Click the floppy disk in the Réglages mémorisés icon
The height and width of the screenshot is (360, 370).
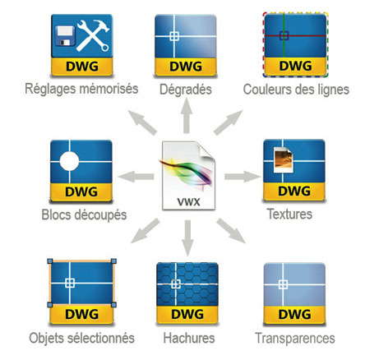pyautogui.click(x=65, y=36)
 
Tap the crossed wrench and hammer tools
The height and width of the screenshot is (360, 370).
pyautogui.click(x=93, y=35)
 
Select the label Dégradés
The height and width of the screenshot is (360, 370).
pyautogui.click(x=186, y=90)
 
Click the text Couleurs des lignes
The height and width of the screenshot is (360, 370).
pyautogui.click(x=296, y=90)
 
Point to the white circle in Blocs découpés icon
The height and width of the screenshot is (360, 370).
pyautogui.click(x=69, y=161)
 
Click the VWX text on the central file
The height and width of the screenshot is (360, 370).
pyautogui.click(x=189, y=202)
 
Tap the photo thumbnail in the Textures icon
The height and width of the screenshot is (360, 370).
pyautogui.click(x=284, y=159)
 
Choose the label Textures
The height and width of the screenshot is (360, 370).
pyautogui.click(x=290, y=214)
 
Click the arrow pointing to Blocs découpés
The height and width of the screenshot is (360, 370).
pyautogui.click(x=136, y=177)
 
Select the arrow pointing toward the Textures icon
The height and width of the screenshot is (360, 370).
pyautogui.click(x=243, y=177)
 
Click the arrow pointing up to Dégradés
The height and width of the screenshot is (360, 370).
pyautogui.click(x=187, y=116)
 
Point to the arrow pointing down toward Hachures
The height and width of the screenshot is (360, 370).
pyautogui.click(x=187, y=238)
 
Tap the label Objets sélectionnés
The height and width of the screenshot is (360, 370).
pyautogui.click(x=82, y=338)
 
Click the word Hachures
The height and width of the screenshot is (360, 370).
pyautogui.click(x=189, y=338)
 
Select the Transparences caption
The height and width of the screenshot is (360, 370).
pyautogui.click(x=295, y=339)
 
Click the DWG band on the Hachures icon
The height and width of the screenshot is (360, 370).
pyautogui.click(x=187, y=315)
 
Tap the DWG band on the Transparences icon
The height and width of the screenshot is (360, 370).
pyautogui.click(x=294, y=315)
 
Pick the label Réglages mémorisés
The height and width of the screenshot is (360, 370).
pyautogui.click(x=81, y=89)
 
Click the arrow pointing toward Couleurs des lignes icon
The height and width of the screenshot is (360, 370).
pyautogui.click(x=228, y=122)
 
